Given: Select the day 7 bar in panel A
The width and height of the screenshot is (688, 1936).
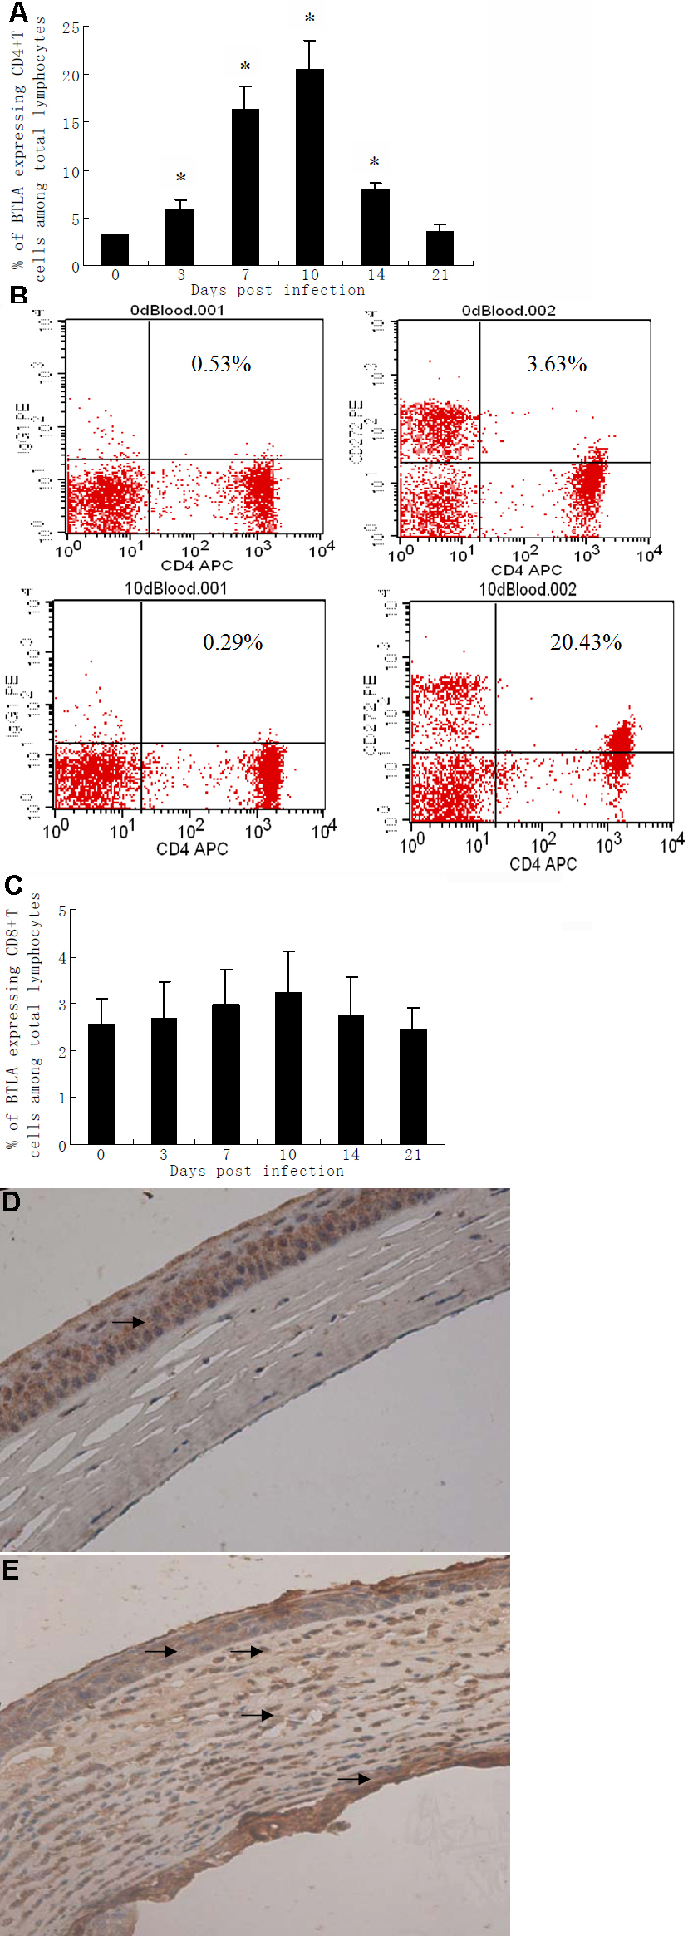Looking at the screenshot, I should coord(245,187).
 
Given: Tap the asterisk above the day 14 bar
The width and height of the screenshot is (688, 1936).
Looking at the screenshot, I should coord(375,162).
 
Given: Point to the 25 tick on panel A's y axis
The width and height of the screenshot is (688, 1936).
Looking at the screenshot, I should coord(71,28).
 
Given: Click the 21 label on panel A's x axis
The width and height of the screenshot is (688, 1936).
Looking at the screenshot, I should coord(440,275).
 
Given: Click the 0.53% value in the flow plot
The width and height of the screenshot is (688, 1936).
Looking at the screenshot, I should coord(221,364).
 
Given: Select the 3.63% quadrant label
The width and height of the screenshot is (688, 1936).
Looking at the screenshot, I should coord(557,364).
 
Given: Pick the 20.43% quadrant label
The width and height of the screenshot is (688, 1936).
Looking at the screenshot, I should coord(586,642).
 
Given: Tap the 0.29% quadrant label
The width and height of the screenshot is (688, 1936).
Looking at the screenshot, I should coord(233,642).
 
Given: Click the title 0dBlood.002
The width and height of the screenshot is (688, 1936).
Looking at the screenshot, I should coord(509,311).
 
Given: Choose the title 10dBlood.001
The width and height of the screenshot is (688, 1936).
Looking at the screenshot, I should coord(175,589).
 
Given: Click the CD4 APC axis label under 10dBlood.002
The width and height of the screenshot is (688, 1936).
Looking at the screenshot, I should coord(543,865).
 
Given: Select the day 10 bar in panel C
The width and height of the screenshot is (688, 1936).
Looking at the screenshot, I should coord(288,1068).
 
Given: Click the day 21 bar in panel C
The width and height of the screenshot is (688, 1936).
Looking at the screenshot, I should coord(413,1086).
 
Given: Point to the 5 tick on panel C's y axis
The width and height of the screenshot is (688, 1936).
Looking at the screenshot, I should coord(62,911).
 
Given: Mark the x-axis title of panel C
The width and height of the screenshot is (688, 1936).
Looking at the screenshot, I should coord(257,1171).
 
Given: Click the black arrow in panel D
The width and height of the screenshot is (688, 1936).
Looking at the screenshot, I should coord(128,1322).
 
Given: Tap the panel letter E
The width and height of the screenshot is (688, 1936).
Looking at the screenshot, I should coord(11,1570).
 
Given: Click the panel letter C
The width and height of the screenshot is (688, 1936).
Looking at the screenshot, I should coord(13,886).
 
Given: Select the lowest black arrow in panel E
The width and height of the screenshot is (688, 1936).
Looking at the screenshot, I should coord(353,1779).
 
